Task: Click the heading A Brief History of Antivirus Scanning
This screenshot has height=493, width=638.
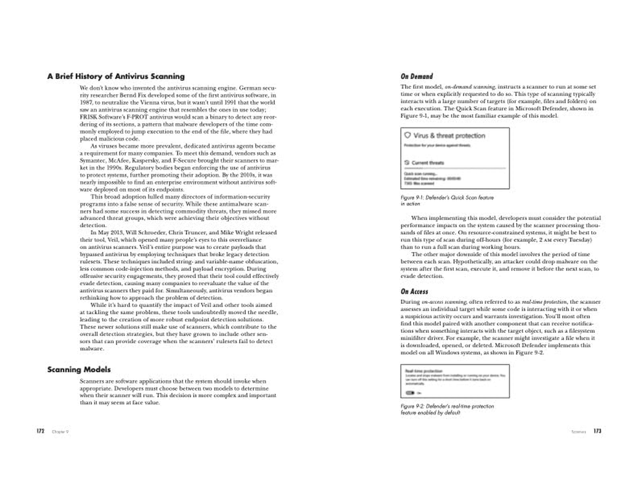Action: point(116,76)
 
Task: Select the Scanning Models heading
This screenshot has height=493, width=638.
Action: point(79,370)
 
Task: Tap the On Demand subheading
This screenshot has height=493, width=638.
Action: point(417,76)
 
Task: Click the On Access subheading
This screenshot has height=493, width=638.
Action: point(414,291)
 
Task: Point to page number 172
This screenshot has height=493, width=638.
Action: point(41,431)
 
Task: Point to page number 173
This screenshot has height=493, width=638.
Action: point(597,431)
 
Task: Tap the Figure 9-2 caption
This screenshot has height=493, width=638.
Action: point(447,409)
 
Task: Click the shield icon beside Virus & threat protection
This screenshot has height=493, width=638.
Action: point(407,135)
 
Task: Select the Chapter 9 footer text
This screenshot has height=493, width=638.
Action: point(60,432)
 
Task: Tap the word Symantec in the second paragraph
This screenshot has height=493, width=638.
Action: point(93,160)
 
